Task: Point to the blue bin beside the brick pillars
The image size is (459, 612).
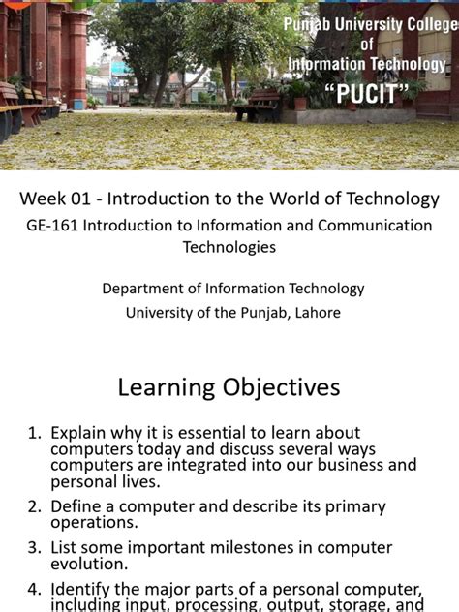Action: (x=78, y=103)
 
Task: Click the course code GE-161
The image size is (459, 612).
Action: (x=53, y=226)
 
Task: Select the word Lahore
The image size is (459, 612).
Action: (x=313, y=312)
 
